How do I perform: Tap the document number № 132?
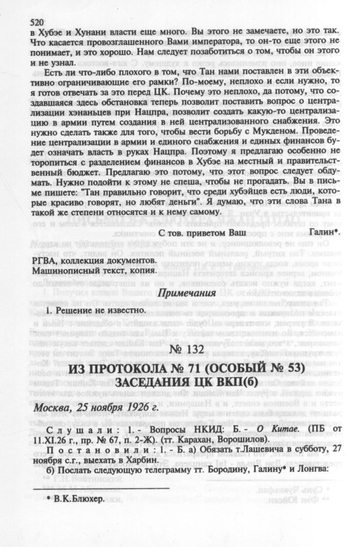184,350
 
